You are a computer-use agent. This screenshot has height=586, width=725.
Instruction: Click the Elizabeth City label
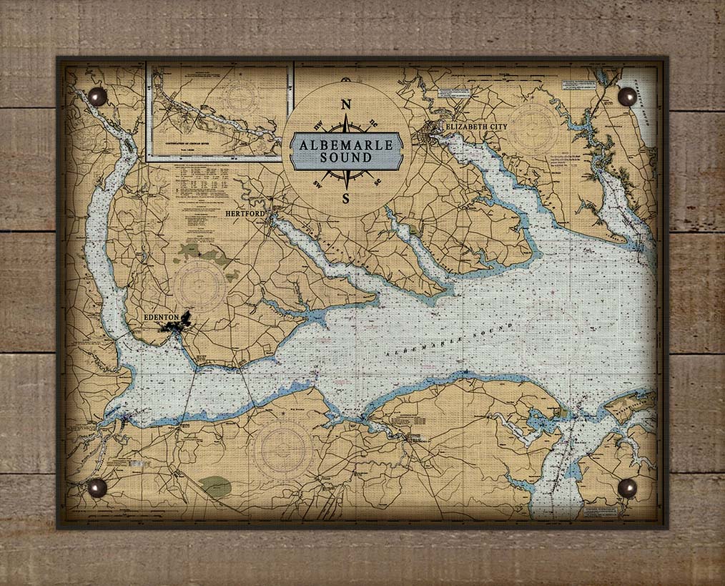[x=477, y=127]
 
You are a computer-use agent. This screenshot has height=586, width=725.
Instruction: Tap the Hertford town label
[x=245, y=213]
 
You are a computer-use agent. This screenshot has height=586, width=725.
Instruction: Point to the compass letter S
[x=346, y=197]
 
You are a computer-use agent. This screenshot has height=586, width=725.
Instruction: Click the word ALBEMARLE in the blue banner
[x=346, y=144]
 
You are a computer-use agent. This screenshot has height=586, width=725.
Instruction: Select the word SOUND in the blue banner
[x=346, y=157]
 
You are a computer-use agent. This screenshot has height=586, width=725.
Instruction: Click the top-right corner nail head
[x=626, y=96]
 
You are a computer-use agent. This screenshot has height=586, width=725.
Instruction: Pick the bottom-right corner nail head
[x=626, y=488]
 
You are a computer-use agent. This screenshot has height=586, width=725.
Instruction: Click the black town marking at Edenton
[x=178, y=324]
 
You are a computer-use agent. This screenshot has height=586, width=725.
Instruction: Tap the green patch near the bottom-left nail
[x=214, y=487]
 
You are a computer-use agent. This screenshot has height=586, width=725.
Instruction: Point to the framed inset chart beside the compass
[x=220, y=110]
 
